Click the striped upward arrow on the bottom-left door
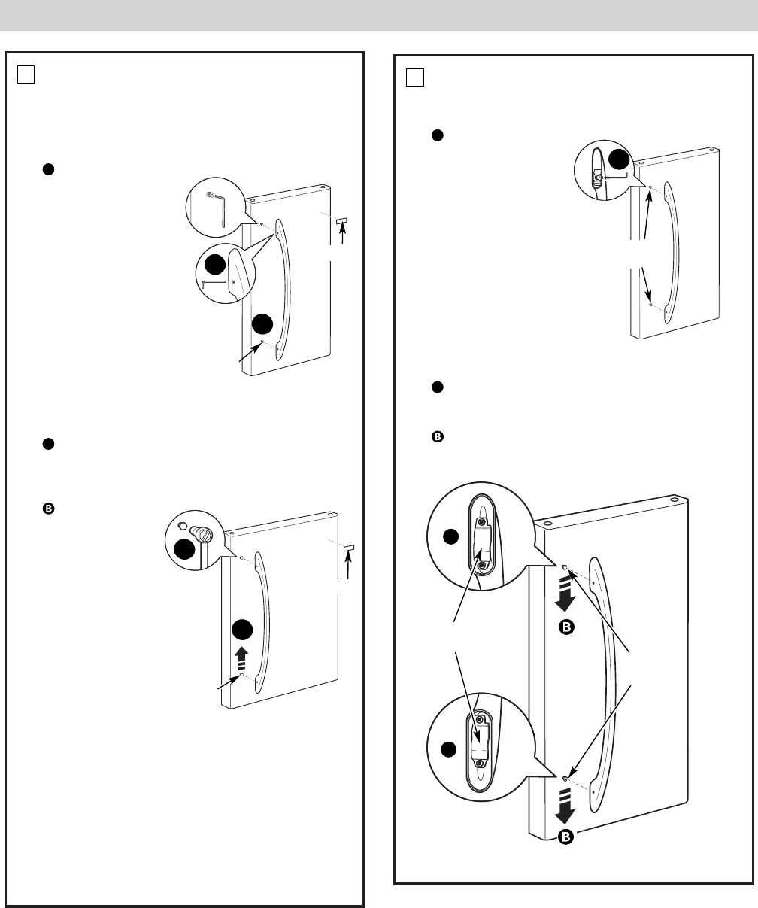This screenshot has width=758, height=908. [x=241, y=661]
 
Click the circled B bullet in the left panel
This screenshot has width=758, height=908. [x=47, y=509]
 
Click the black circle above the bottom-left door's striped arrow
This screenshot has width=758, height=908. [x=241, y=630]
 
